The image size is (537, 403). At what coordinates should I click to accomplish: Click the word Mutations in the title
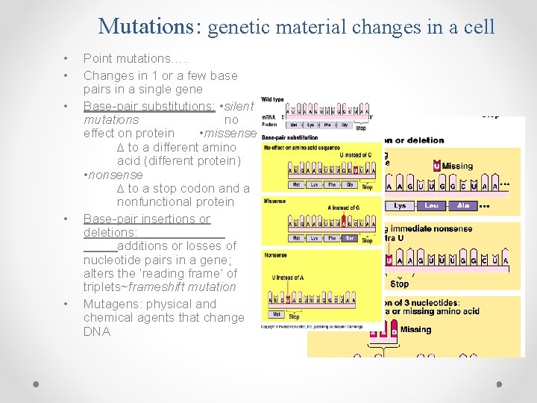145,27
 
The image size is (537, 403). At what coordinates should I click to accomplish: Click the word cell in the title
477,27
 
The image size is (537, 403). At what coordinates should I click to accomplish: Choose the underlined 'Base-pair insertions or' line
147,219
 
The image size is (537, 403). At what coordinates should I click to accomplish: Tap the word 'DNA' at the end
97,331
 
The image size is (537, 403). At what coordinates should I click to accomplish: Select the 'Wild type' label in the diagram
273,99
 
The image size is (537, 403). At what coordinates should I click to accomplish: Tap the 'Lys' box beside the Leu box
400,205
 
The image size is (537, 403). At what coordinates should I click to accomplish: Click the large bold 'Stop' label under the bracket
399,284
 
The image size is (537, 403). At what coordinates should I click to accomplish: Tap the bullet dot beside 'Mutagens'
66,304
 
